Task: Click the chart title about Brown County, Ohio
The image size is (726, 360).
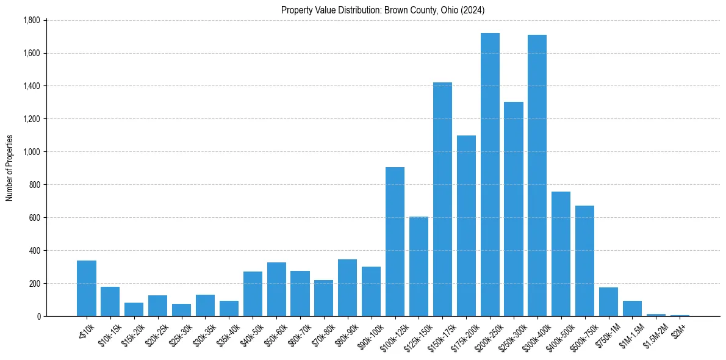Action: coord(383,10)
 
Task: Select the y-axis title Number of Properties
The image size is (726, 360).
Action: coord(9,168)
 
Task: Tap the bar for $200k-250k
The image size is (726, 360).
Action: coord(490,175)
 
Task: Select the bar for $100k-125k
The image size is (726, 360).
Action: coord(395,242)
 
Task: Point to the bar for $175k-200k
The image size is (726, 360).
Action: coord(466,226)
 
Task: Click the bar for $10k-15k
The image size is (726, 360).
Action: coord(110,301)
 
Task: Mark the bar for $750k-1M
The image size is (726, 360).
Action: coord(608,301)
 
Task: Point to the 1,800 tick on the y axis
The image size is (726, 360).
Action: coord(31,20)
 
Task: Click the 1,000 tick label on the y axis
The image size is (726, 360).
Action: coord(31,152)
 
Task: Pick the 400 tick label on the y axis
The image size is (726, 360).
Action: coord(33,251)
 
